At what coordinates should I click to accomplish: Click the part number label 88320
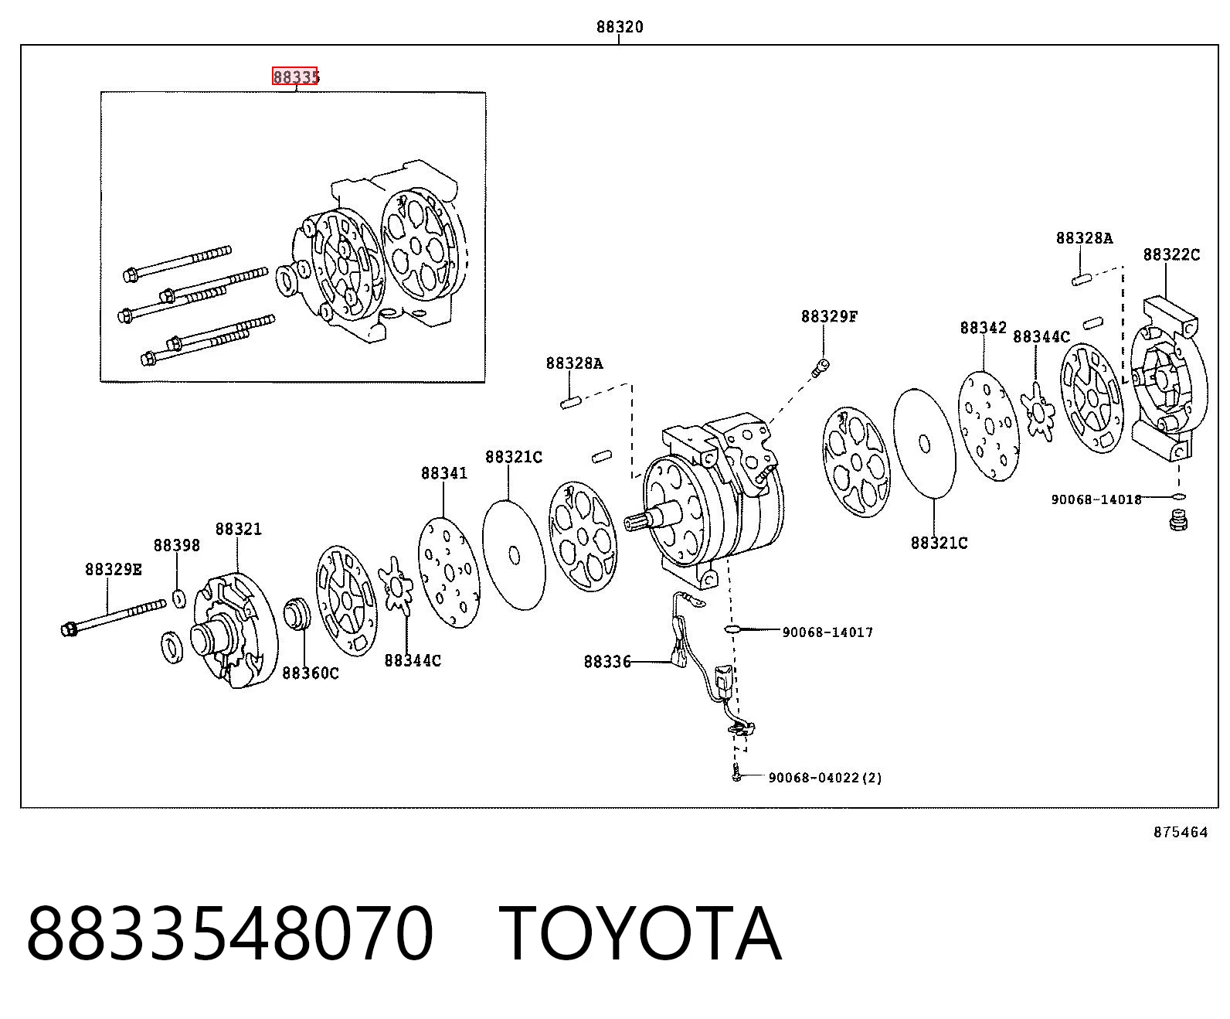[619, 27]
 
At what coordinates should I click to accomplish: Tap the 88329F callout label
[829, 317]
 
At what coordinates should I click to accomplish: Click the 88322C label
[1171, 255]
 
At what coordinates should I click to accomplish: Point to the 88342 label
[984, 328]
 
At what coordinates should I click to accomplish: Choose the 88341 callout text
[443, 473]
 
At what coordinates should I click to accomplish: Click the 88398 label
[177, 546]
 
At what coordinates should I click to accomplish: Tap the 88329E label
[113, 570]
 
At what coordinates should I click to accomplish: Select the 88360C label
[310, 673]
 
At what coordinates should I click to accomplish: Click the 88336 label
[607, 663]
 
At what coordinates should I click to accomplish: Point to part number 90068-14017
[827, 632]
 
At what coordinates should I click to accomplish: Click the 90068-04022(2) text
[824, 778]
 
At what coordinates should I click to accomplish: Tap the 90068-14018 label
[1096, 500]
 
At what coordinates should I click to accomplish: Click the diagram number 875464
[1181, 832]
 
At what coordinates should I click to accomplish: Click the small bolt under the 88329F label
[820, 368]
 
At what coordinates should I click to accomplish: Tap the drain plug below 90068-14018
[1177, 522]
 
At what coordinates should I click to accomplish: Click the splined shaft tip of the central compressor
[635, 523]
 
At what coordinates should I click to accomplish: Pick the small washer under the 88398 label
[179, 599]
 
